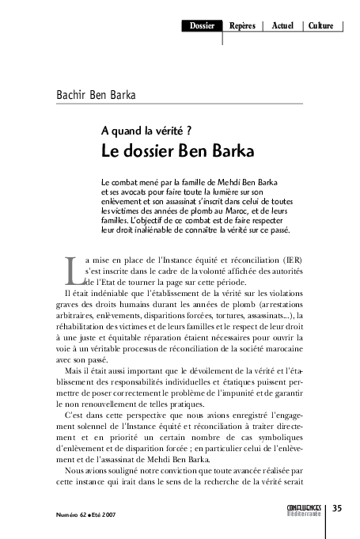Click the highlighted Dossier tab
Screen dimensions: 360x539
pyautogui.click(x=203, y=26)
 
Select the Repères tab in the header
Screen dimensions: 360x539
pyautogui.click(x=241, y=26)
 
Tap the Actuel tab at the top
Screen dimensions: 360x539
pyautogui.click(x=282, y=26)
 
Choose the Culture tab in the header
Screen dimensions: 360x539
pyautogui.click(x=321, y=26)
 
